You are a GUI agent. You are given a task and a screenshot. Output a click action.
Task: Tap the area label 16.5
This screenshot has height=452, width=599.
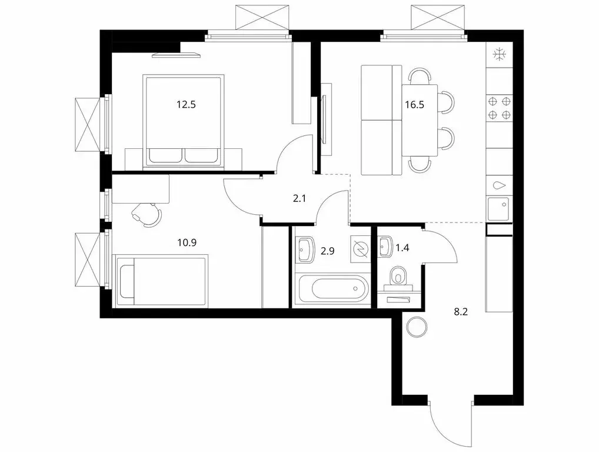[414, 105]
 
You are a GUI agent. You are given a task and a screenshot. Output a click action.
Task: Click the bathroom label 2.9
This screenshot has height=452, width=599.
[328, 249]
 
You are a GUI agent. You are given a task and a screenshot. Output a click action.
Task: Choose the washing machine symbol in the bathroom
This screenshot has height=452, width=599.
[358, 250]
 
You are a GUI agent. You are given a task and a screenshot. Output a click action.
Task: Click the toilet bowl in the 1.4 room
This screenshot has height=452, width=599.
[400, 277]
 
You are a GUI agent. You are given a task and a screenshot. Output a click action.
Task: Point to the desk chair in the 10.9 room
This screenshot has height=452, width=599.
[146, 213]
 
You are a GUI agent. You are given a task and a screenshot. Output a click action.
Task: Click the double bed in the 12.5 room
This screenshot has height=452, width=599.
[183, 121]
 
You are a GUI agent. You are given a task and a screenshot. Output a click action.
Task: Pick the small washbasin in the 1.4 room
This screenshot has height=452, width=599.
[385, 246]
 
